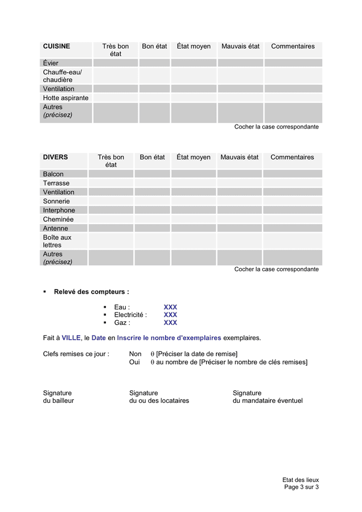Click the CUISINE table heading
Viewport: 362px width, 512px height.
point(56,47)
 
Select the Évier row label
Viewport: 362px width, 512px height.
point(51,63)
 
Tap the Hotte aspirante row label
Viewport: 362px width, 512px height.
point(65,98)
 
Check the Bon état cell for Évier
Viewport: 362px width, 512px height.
point(154,63)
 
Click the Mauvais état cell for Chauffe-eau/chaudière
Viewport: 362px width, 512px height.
point(240,76)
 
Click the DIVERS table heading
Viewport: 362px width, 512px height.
point(55,158)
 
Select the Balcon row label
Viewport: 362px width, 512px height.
point(53,174)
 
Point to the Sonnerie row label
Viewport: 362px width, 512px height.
point(56,201)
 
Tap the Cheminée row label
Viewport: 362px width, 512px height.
point(57,220)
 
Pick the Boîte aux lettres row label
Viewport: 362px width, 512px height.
point(57,241)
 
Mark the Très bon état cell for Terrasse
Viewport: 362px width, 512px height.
point(111,183)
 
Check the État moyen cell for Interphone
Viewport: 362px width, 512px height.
point(194,210)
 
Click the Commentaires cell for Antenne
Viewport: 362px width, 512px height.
point(292,229)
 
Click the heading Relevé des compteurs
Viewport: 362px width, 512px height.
point(91,292)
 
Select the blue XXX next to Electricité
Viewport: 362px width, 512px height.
point(170,315)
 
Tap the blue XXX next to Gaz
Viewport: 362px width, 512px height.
point(170,323)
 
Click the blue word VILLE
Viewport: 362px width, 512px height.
point(71,338)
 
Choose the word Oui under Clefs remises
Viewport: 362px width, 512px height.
point(134,362)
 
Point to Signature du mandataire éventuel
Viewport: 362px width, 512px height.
point(267,397)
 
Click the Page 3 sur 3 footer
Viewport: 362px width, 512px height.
point(301,487)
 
